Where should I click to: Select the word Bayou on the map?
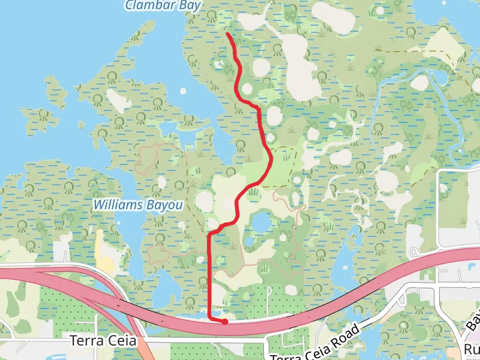click(x=164, y=205)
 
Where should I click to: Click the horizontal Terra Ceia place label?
click(x=104, y=341)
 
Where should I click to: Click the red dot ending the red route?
click(x=224, y=322)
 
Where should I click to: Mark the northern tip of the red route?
click(x=229, y=34)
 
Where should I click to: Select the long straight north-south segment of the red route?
click(x=209, y=276)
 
